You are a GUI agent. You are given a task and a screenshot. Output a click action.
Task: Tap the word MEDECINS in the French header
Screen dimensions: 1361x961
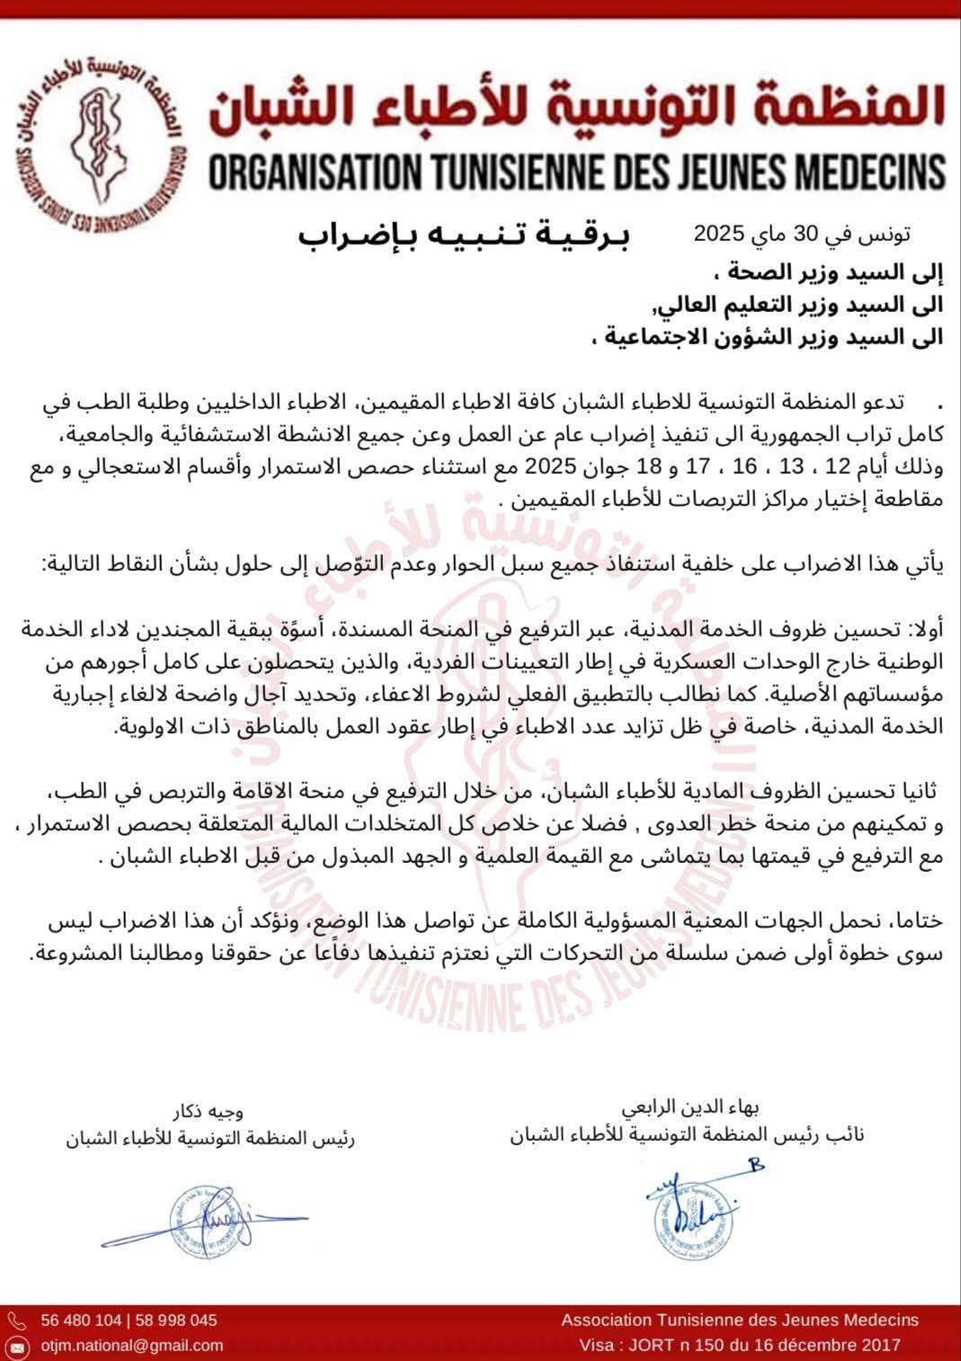[863, 171]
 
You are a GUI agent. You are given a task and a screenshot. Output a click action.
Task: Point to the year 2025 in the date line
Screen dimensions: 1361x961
[718, 235]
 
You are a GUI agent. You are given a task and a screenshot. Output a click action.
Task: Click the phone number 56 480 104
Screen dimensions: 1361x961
[82, 1321]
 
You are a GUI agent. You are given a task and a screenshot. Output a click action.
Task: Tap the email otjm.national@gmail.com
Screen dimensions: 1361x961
[131, 1345]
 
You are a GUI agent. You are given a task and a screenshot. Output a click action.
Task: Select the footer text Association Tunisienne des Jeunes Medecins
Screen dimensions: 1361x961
[739, 1320]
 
